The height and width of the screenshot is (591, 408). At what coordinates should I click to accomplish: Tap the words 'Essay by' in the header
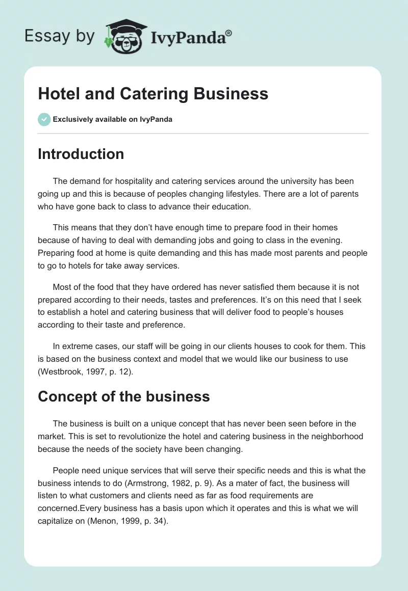click(x=59, y=36)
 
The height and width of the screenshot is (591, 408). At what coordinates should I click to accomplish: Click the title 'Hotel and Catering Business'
click(x=153, y=94)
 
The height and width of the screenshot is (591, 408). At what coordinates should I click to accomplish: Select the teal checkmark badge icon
click(x=44, y=119)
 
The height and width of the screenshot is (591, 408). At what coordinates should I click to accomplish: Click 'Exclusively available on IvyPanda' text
click(x=113, y=119)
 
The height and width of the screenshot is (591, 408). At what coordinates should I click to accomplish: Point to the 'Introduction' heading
click(x=81, y=154)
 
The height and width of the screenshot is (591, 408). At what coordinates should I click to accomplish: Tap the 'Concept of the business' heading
click(x=124, y=397)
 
